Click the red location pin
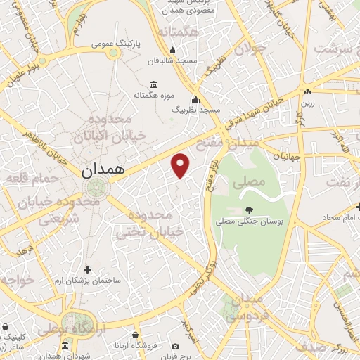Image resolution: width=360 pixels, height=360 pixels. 181,165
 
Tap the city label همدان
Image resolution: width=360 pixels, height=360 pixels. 102,169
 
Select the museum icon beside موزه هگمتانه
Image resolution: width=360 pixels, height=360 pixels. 153,84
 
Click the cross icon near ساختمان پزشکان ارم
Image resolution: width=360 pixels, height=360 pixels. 87,269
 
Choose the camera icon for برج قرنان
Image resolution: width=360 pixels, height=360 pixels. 175,346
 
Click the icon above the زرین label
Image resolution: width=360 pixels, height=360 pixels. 307,92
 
